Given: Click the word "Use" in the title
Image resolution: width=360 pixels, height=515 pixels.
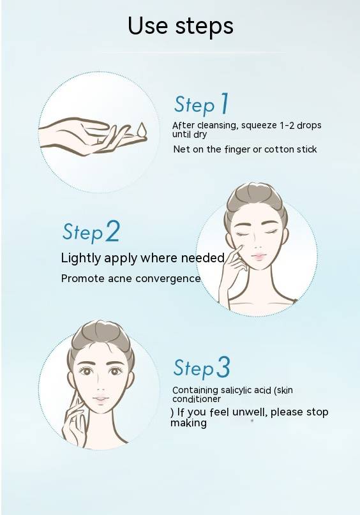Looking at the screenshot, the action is coord(148,26).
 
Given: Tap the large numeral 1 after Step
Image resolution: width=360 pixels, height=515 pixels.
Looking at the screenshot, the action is coord(224,103).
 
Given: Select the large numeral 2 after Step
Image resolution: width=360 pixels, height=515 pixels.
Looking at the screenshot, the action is coord(112,232).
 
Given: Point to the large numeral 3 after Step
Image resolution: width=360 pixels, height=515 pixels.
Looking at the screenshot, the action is coord(223,367).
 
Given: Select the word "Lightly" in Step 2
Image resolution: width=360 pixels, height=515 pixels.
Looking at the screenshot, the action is coord(81,258).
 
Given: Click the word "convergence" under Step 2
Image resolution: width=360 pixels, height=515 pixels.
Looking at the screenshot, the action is coord(168,279).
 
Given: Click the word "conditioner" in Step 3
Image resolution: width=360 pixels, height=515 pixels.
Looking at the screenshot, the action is coord(197,399).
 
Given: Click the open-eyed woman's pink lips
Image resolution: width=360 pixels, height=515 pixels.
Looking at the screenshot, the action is coord(101,399).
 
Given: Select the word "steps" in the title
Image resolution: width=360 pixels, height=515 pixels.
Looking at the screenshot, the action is coord(204,26).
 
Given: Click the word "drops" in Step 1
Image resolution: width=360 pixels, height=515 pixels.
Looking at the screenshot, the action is coord(309,126).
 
